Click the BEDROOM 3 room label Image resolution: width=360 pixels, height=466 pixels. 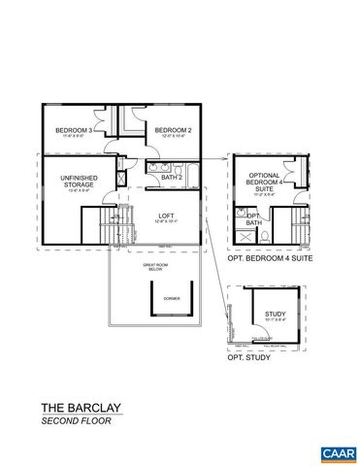pyautogui.click(x=74, y=131)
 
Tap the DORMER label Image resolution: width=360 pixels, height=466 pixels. pyautogui.click(x=172, y=300)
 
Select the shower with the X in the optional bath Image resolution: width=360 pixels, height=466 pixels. pyautogui.click(x=243, y=236)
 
